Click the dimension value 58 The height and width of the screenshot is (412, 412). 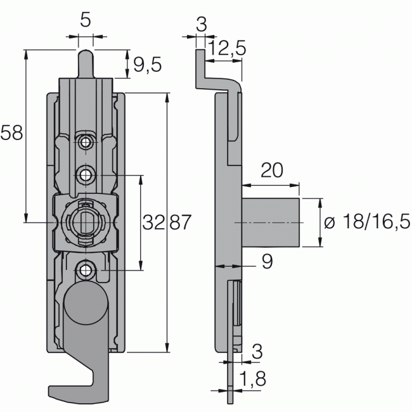(12, 133)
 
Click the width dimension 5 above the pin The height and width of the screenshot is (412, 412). (86, 20)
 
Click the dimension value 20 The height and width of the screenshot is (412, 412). (271, 171)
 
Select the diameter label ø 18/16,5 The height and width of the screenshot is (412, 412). (366, 222)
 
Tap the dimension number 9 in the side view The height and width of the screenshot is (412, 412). (266, 262)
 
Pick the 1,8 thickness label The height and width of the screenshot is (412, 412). (252, 381)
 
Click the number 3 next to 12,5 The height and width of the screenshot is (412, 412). (201, 25)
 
